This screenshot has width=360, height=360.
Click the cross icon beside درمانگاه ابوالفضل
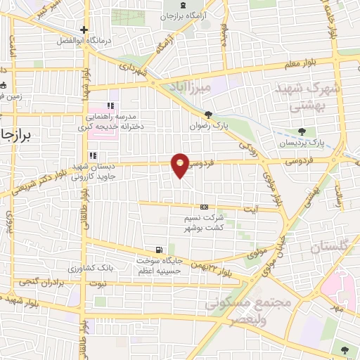tap(84, 30)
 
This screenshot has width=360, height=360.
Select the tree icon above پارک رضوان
tap(207, 115)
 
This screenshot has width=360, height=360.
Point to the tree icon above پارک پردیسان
tap(301, 131)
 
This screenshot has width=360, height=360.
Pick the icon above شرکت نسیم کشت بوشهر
tap(204, 207)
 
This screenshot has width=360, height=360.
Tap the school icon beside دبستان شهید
tap(91, 156)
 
